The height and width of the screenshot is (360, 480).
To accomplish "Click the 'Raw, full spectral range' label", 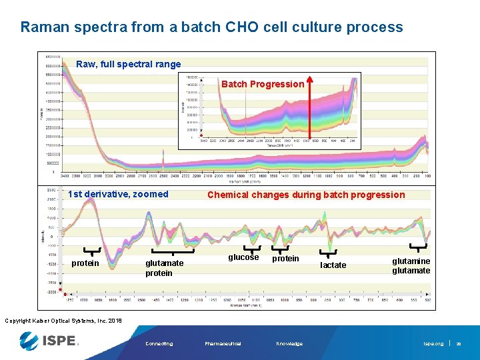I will click(128, 65).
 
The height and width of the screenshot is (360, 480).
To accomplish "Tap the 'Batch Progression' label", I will click(262, 84).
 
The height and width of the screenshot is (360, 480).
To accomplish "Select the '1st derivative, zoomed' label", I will click(118, 195).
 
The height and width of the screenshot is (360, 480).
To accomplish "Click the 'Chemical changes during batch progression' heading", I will click(306, 195).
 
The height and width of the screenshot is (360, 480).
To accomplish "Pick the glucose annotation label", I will click(243, 257).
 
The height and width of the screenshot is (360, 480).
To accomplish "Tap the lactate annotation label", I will click(333, 265).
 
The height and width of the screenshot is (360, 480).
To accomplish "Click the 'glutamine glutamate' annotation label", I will click(411, 265).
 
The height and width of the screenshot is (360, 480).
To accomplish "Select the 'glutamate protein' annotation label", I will click(164, 268).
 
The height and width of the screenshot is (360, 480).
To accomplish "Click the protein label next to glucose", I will click(285, 258).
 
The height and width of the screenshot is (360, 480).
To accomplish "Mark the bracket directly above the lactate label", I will click(328, 253).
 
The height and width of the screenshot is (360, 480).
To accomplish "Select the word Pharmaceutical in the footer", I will click(223, 344).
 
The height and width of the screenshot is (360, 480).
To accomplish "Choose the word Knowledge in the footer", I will click(289, 344).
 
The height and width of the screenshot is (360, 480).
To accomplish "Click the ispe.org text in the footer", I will click(433, 344).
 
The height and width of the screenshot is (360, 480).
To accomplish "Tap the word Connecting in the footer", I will click(159, 344).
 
